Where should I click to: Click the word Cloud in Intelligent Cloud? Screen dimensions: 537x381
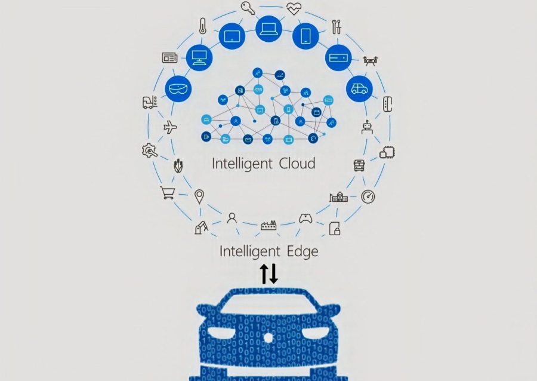pyautogui.click(x=297, y=163)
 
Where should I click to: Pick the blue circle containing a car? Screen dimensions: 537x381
pyautogui.click(x=359, y=89)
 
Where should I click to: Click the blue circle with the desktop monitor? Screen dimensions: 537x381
pyautogui.click(x=199, y=57)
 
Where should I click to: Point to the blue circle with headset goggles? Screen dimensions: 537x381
pyautogui.click(x=178, y=89)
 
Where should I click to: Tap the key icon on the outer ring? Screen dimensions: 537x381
pyautogui.click(x=248, y=8)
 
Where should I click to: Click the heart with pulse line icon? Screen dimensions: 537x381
pyautogui.click(x=294, y=8)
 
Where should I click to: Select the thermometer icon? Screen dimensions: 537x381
pyautogui.click(x=202, y=26)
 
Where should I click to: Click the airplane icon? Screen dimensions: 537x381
pyautogui.click(x=170, y=127)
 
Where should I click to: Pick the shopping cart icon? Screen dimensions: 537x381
pyautogui.click(x=168, y=192)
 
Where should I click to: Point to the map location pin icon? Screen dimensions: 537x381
pyautogui.click(x=199, y=196)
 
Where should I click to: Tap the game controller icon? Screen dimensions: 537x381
pyautogui.click(x=305, y=218)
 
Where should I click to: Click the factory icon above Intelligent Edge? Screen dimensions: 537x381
pyautogui.click(x=269, y=225)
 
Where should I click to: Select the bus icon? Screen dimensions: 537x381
pyautogui.click(x=359, y=165)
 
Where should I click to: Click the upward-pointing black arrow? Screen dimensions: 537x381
pyautogui.click(x=264, y=274)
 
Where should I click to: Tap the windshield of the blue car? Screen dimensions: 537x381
pyautogui.click(x=268, y=303)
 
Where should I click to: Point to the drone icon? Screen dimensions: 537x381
pyautogui.click(x=370, y=62)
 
